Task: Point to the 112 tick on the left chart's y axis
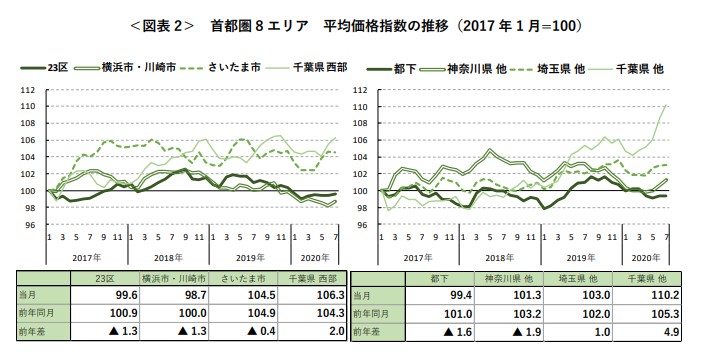[27, 90]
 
